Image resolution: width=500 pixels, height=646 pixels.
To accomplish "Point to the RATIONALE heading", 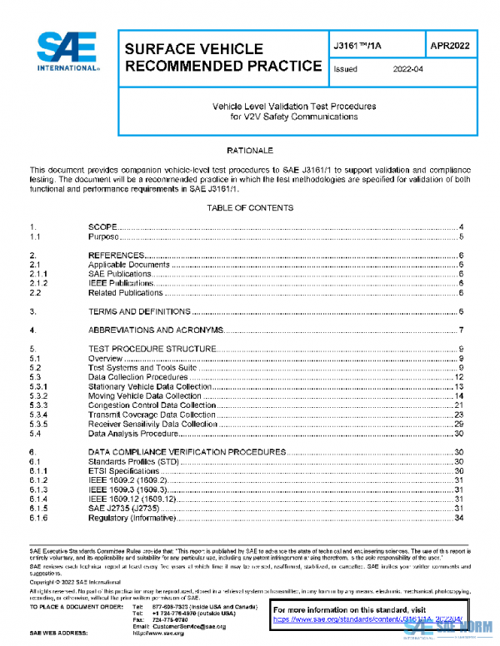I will (250, 151).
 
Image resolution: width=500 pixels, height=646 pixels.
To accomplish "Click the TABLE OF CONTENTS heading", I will (250, 207).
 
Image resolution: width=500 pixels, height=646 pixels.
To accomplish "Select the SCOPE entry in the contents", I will (105, 227).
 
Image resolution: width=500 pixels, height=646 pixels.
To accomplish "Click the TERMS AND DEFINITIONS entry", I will (140, 311).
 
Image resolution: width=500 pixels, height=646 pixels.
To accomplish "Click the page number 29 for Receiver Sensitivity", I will (458, 424).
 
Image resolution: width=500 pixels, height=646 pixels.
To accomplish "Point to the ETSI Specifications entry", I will (125, 470).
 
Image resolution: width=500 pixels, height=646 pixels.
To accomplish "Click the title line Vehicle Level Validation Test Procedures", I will (294, 107).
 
